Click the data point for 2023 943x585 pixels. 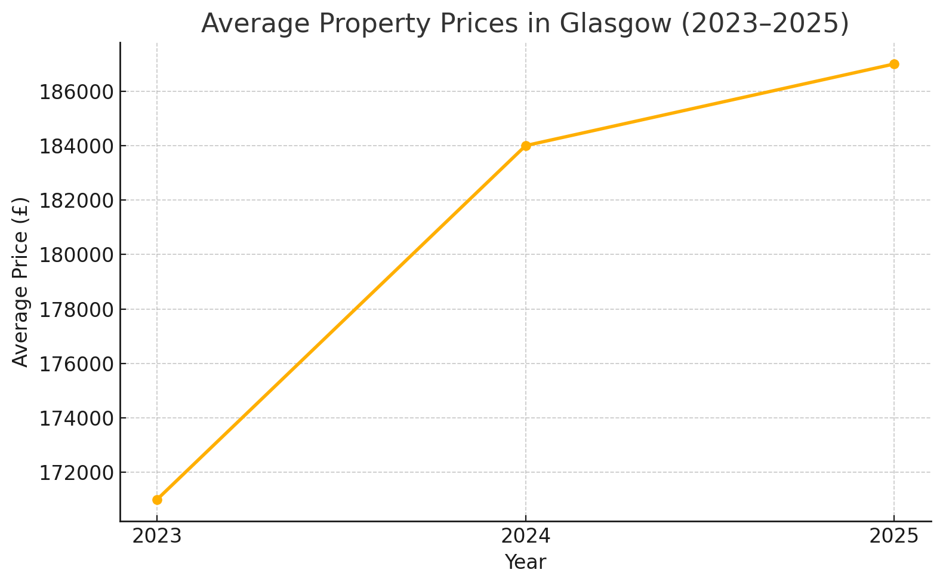[157, 500]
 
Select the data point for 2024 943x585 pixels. [526, 146]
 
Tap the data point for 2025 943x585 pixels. [894, 64]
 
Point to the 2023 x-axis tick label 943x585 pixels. [157, 536]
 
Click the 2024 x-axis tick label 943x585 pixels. [526, 536]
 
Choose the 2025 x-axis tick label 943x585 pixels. [894, 536]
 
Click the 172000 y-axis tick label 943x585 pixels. [76, 473]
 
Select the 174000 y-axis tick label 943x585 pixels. [76, 418]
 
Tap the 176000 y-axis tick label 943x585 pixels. [76, 364]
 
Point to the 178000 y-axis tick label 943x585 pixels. [76, 309]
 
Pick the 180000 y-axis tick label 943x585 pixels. [76, 255]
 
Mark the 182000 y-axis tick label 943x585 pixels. [76, 201]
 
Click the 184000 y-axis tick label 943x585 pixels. [76, 146]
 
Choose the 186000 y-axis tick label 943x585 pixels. [76, 92]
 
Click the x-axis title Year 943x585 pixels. [525, 562]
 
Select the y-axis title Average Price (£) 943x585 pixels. [21, 282]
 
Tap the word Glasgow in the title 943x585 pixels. [617, 24]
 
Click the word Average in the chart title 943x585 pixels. [251, 24]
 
